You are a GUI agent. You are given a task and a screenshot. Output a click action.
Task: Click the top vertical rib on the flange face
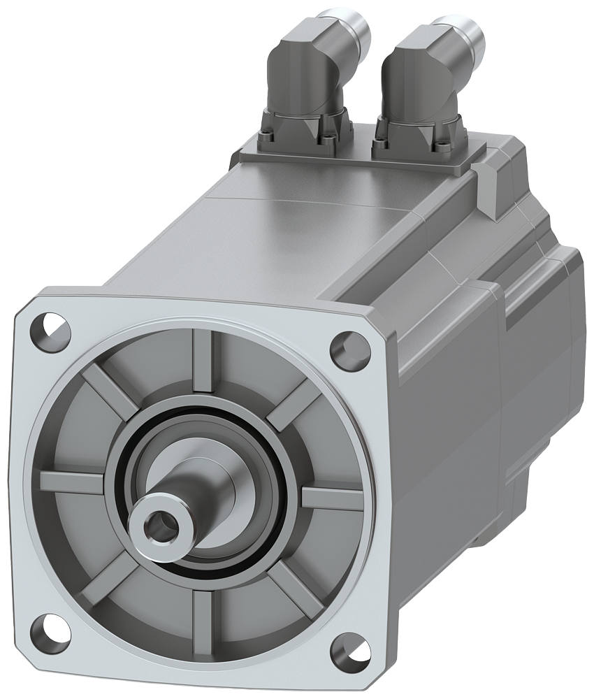point(202,363)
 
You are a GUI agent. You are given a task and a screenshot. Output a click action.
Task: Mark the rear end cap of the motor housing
point(542,363)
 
